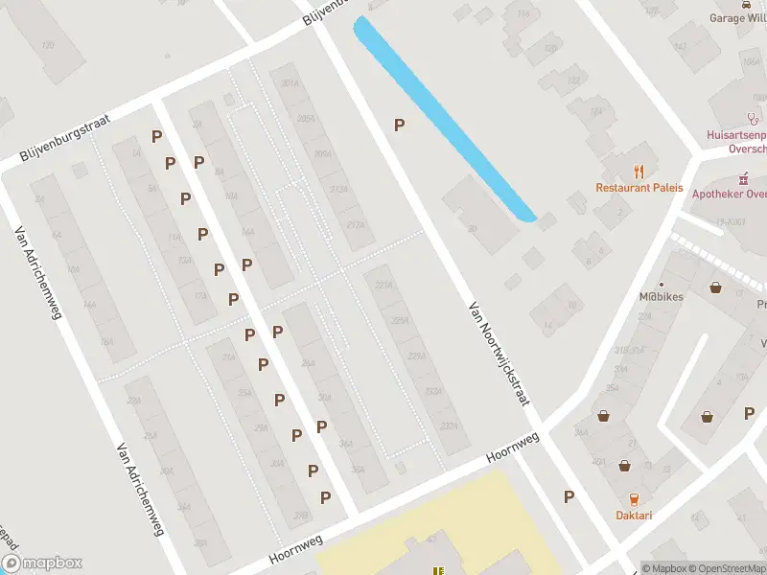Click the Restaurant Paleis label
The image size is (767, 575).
click(x=639, y=188)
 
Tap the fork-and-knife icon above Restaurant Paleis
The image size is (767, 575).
click(x=639, y=171)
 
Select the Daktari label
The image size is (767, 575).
click(x=634, y=516)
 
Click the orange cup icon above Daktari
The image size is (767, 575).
click(x=634, y=498)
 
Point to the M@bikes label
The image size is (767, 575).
click(x=662, y=297)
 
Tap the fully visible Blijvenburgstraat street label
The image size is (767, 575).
click(x=66, y=139)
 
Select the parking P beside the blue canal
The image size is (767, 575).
click(x=399, y=125)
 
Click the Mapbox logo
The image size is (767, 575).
click(x=41, y=563)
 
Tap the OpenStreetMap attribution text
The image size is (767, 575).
click(x=725, y=569)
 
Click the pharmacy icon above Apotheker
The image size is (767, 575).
click(x=743, y=179)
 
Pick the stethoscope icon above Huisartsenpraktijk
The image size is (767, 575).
click(x=753, y=119)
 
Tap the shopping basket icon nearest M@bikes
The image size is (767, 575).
click(x=715, y=287)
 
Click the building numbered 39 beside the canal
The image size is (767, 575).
click(x=473, y=228)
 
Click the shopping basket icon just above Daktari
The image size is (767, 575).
click(x=624, y=466)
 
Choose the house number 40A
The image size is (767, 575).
click(x=598, y=461)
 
